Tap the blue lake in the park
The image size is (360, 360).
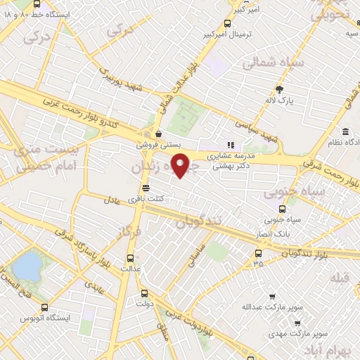(27, 266)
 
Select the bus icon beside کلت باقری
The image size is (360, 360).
(146, 188)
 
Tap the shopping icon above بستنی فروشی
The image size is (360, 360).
(157, 134)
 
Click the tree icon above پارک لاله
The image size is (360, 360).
(279, 89)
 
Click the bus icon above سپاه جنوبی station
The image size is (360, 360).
(283, 208)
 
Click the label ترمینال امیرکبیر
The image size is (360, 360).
(224, 34)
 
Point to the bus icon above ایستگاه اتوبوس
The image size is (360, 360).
(45, 307)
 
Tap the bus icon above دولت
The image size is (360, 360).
(144, 293)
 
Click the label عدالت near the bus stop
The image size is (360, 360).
(131, 269)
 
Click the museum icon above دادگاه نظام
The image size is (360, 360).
(345, 131)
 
